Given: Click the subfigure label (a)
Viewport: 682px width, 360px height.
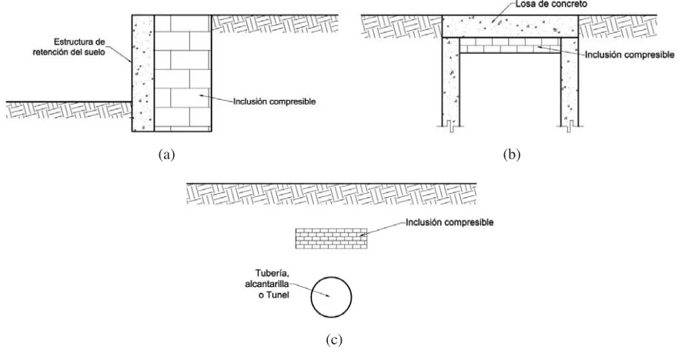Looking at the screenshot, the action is click(166, 155).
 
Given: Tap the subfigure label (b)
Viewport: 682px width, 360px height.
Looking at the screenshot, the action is click(511, 155).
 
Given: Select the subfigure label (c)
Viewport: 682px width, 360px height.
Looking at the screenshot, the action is click(334, 339).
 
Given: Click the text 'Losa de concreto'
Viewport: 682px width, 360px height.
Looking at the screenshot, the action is click(551, 4).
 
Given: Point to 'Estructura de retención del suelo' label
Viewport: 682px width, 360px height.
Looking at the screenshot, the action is click(69, 47).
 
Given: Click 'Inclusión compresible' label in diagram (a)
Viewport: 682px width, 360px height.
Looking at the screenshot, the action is click(275, 102).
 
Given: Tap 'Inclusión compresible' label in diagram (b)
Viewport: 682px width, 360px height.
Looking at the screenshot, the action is click(630, 55).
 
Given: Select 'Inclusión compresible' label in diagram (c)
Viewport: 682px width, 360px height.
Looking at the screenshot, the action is click(450, 222).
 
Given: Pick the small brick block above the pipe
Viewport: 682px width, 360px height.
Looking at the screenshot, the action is click(332, 238).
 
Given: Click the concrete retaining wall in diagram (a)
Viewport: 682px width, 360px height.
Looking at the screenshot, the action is click(143, 73).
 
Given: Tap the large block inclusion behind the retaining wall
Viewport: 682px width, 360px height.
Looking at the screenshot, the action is click(183, 73).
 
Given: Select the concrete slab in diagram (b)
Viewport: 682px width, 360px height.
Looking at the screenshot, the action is click(510, 26).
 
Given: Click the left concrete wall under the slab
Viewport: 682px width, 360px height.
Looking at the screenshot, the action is click(451, 82).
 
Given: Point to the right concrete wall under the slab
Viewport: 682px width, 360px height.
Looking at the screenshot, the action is click(570, 82).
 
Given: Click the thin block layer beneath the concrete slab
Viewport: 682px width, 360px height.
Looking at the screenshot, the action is click(510, 45).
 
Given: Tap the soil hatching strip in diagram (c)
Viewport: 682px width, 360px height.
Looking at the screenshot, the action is click(332, 194).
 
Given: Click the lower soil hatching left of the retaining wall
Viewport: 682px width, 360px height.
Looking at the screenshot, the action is click(69, 110).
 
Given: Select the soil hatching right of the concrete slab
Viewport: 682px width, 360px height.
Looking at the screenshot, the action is click(617, 26).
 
